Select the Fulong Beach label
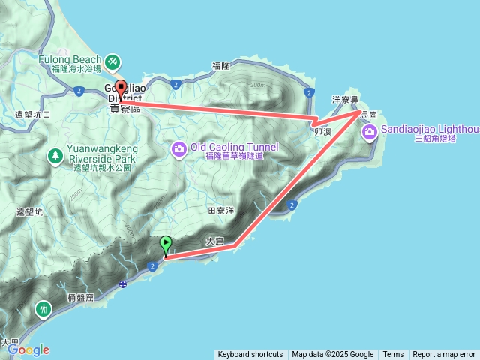click(71, 58)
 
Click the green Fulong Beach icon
click(112, 60)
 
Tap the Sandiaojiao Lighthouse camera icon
click(369, 133)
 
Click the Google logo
click(28, 349)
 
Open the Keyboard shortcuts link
click(250, 354)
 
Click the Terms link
click(393, 354)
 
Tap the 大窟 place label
click(214, 241)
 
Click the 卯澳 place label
click(323, 130)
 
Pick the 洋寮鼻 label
click(346, 99)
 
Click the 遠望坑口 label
click(33, 115)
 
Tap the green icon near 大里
click(45, 308)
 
